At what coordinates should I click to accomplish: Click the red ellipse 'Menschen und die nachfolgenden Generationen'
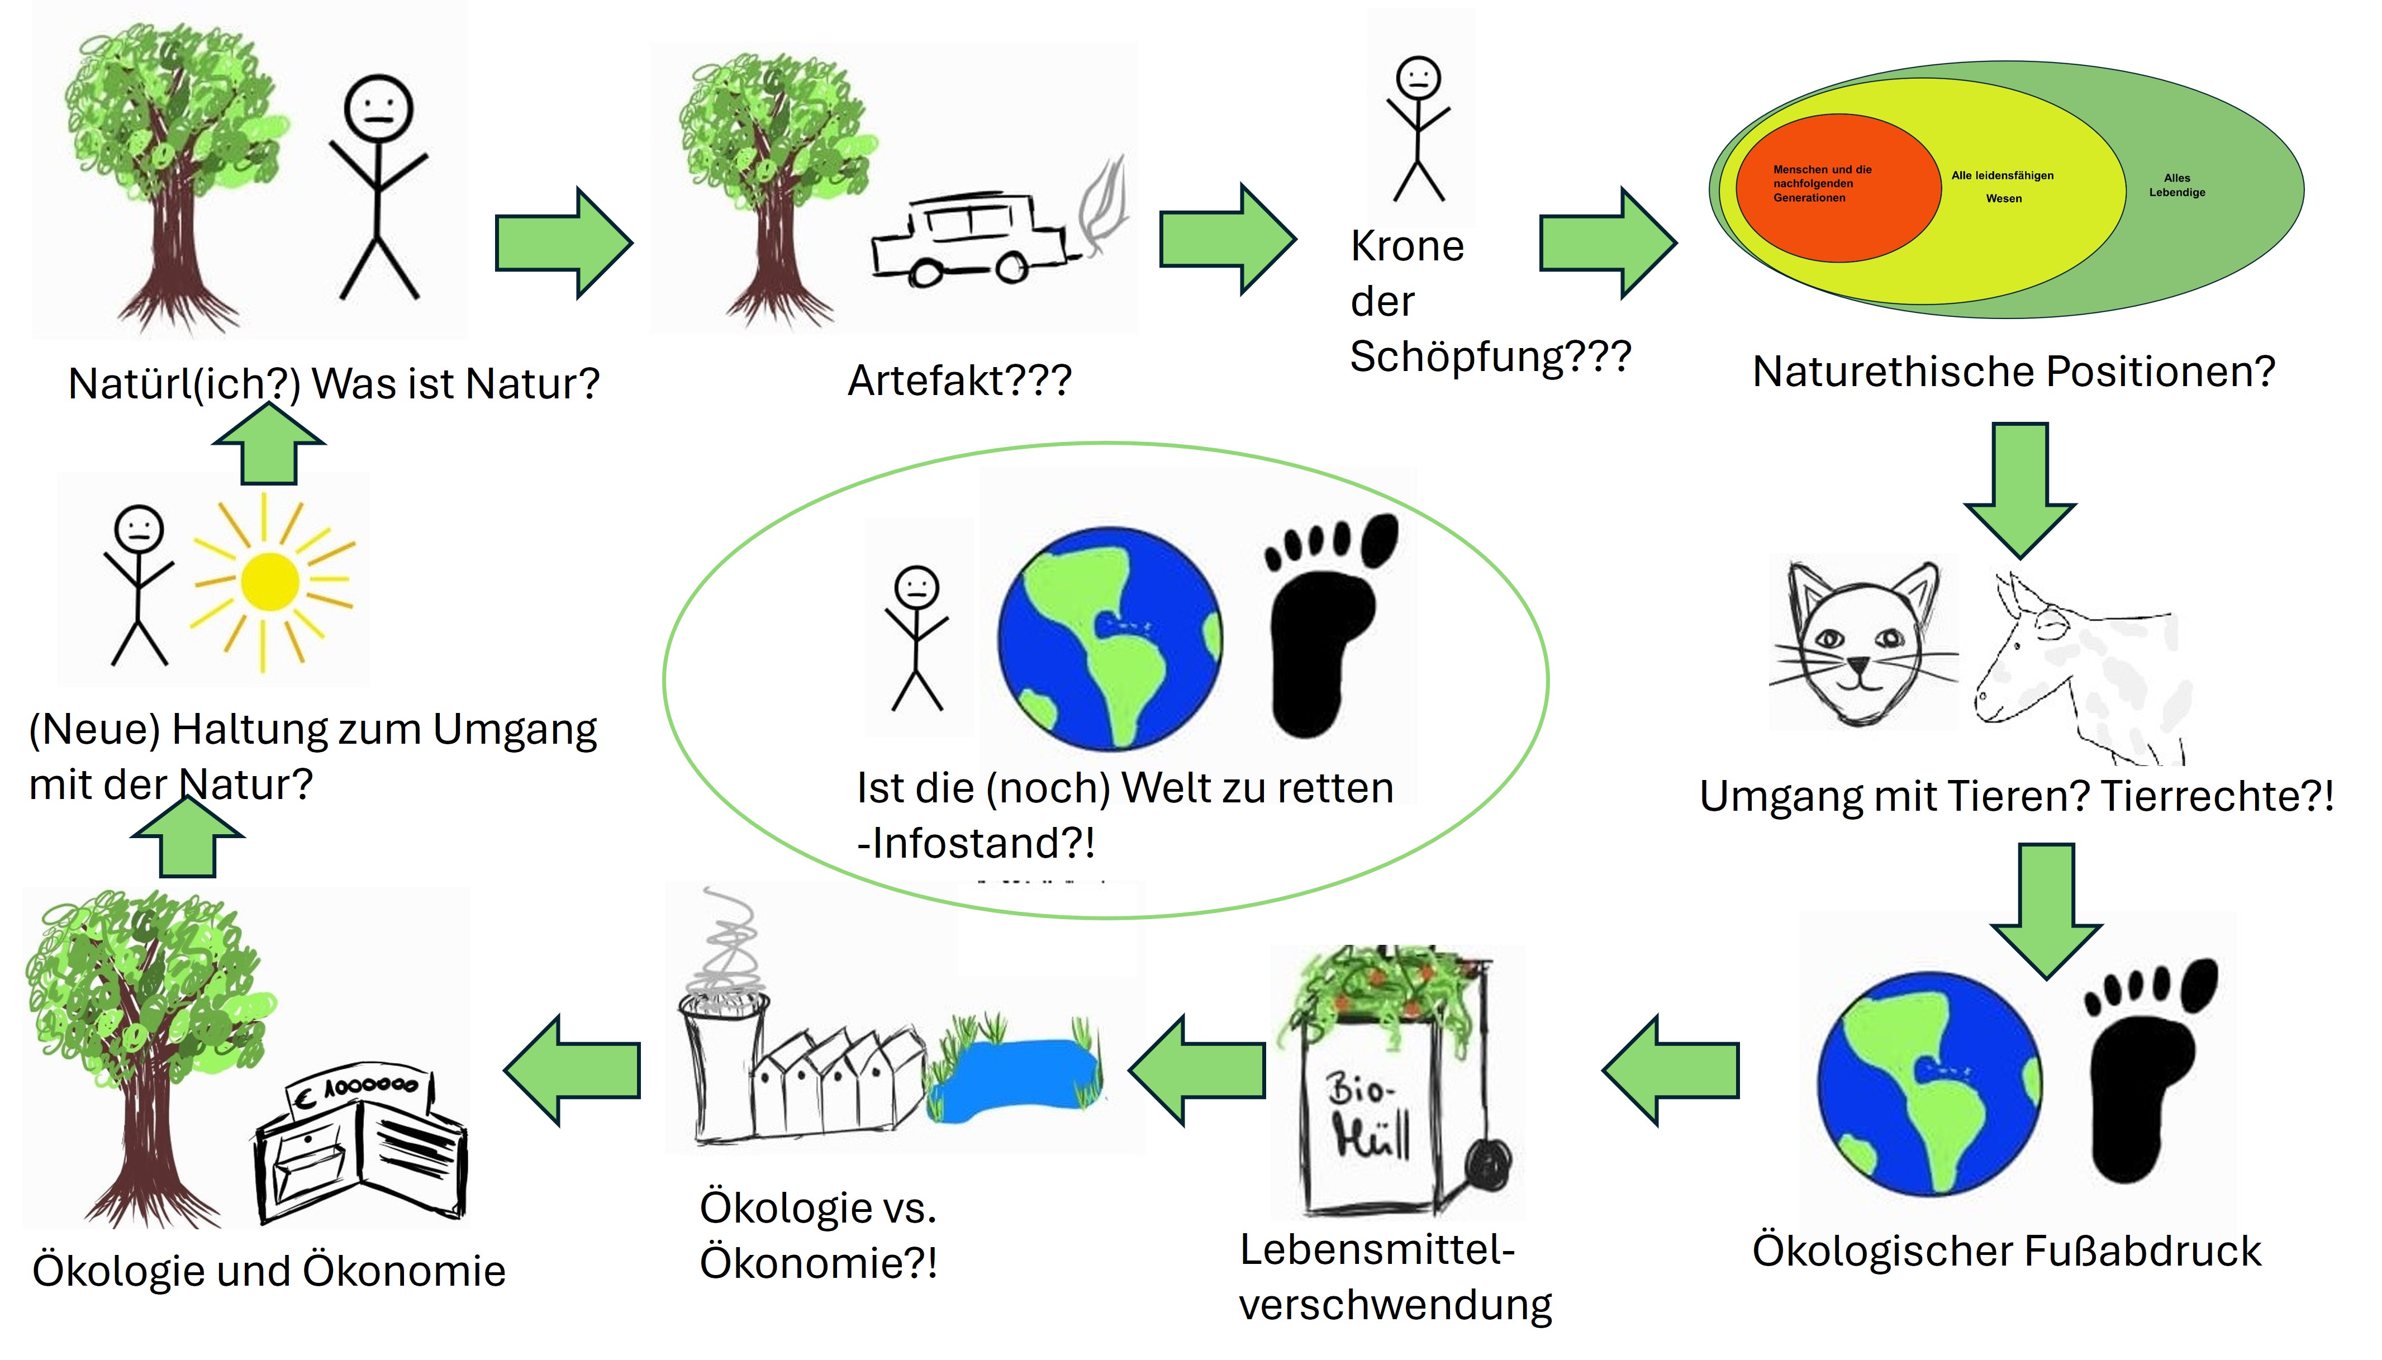coord(1837,187)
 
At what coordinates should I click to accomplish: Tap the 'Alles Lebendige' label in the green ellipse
coord(2176,185)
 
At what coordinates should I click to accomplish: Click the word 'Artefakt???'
coord(959,380)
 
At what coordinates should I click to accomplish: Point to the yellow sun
coord(270,581)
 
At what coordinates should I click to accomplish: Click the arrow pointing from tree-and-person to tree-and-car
coord(563,243)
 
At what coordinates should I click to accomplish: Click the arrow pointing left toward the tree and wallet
coord(573,1071)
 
